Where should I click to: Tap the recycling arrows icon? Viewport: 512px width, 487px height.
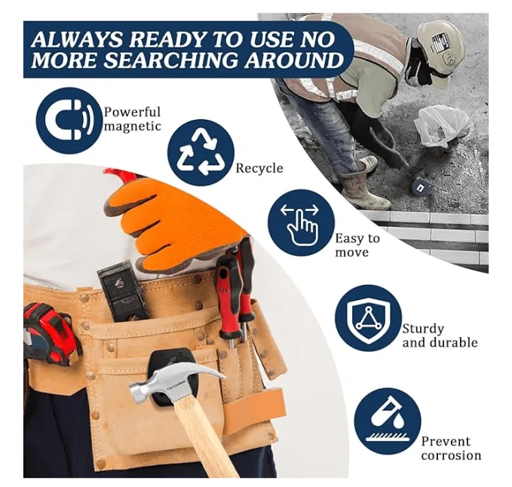pos(201,152)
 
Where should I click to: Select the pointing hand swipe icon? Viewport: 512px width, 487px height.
pos(300,224)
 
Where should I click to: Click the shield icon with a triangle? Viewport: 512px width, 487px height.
pos(368,317)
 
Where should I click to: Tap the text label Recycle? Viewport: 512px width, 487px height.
pos(259,168)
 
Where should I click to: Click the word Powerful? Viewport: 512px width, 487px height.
pos(132,112)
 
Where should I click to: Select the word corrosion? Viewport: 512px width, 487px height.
pos(451,455)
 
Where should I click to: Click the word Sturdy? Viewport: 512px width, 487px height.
pos(423,329)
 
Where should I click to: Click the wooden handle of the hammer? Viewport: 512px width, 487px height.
pos(206,441)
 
